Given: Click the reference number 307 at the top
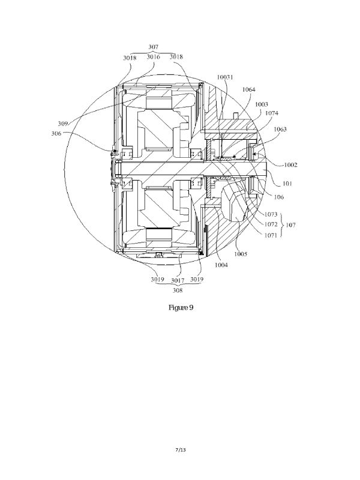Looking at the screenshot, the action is tap(154, 47).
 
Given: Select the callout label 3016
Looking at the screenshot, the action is tap(154, 56).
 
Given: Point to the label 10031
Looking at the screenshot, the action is tap(225, 77).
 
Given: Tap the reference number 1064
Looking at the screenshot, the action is tap(248, 89).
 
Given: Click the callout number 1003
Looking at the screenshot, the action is tap(262, 104).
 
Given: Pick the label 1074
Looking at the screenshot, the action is tap(272, 113).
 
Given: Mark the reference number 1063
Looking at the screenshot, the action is tap(280, 129).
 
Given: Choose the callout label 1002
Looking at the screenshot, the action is tap(290, 165).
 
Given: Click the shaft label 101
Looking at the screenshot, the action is tap(287, 184).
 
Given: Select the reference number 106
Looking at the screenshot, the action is tap(278, 197).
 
